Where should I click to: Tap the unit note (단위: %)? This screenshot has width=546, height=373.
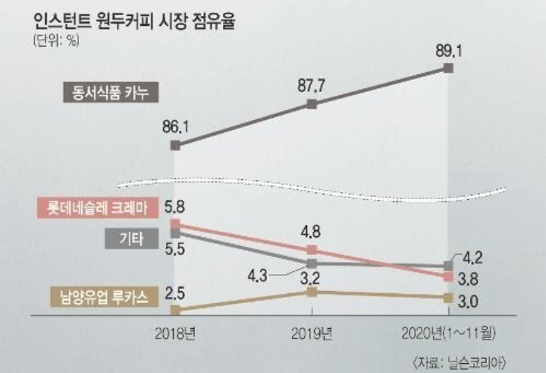[x=55, y=41]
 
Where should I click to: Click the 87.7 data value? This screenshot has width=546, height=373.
[x=312, y=86]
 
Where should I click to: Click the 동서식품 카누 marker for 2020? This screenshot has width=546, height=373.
[x=448, y=69]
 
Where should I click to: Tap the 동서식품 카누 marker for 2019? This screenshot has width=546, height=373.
[x=312, y=104]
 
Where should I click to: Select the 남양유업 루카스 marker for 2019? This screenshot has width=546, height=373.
[x=312, y=292]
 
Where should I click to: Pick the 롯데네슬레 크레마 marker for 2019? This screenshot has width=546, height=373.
[x=312, y=250]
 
